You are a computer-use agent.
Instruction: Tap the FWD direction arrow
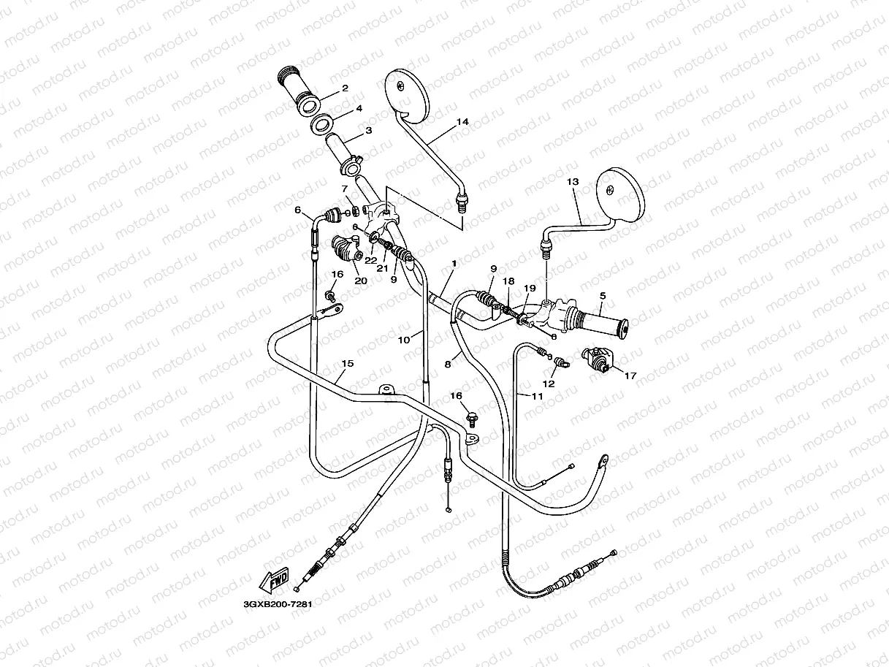275,581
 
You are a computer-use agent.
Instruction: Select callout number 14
462,122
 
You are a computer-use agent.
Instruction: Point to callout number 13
572,181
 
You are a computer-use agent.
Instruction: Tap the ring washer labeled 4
324,123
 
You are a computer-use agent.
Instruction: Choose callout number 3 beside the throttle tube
369,131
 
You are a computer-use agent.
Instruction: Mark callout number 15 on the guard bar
348,363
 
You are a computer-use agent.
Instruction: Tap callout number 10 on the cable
405,338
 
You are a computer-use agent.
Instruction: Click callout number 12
549,383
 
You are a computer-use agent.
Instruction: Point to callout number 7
344,189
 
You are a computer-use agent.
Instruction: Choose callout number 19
530,289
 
